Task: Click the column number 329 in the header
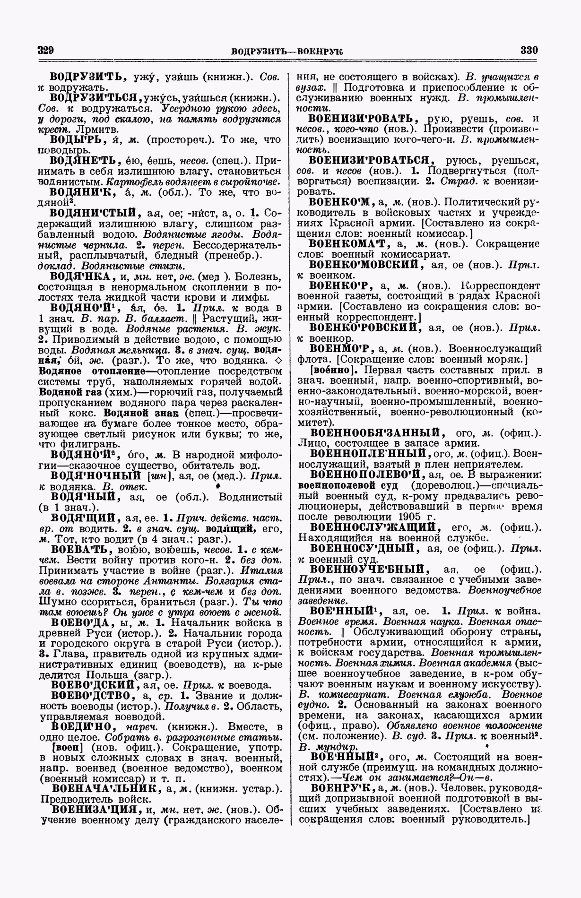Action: pyautogui.click(x=46, y=50)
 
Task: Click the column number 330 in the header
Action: pyautogui.click(x=529, y=50)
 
